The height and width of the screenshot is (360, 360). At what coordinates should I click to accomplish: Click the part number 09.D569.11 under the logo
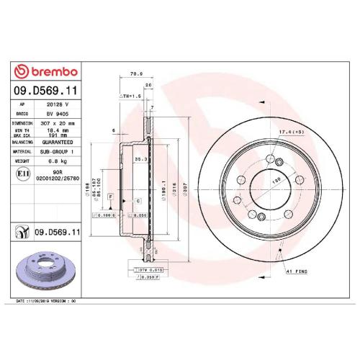[45, 91]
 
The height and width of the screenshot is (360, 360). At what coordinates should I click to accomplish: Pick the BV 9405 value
[58, 113]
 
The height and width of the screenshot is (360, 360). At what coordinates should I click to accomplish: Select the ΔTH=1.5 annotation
[130, 95]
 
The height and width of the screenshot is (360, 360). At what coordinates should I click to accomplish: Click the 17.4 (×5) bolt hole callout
[288, 132]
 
